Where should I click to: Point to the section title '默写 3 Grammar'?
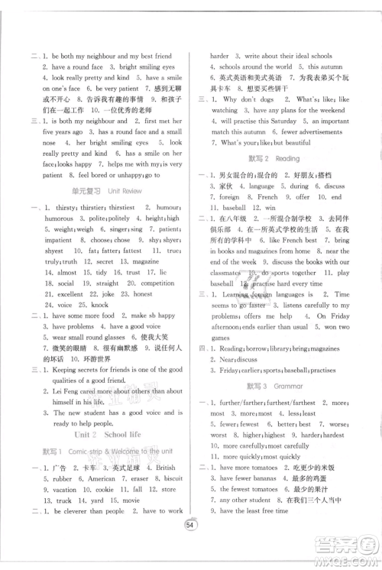point(275,387)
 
